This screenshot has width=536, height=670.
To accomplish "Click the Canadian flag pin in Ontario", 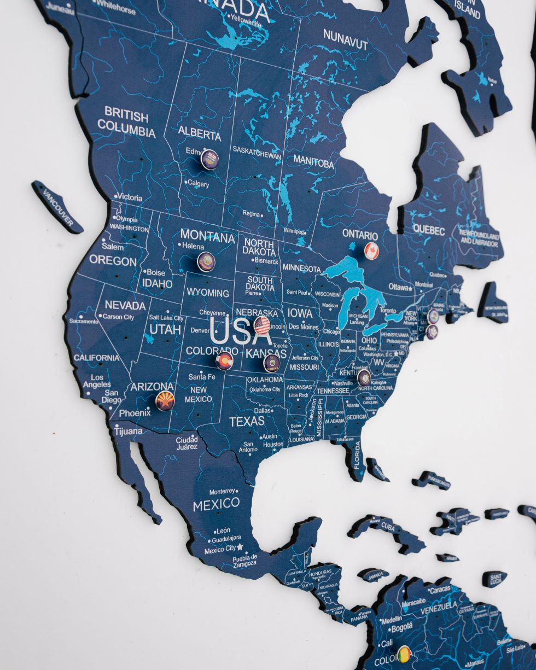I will [x=371, y=250].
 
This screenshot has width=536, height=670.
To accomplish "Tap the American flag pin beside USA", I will [x=262, y=325].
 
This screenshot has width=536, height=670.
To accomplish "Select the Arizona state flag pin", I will [x=165, y=400].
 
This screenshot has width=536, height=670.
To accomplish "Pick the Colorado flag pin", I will [x=224, y=361].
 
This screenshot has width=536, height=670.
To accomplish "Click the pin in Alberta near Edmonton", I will [x=209, y=159].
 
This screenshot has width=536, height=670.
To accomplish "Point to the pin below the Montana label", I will [x=206, y=261].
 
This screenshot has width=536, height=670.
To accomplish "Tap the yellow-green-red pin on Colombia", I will [x=404, y=654].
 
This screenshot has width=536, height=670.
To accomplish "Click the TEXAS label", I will [x=247, y=422].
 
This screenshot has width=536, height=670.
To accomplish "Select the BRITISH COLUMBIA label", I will [x=126, y=123].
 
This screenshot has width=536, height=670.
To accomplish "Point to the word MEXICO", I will [x=216, y=504].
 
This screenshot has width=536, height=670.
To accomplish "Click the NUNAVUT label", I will [x=345, y=39].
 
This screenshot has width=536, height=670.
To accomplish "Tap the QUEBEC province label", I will [x=429, y=230].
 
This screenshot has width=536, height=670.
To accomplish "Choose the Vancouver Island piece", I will [x=57, y=207].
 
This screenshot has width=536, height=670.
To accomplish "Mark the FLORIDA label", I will [x=356, y=455].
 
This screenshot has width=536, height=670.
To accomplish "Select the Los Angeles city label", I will [x=97, y=381].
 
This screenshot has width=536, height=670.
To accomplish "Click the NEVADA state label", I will [x=125, y=305].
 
